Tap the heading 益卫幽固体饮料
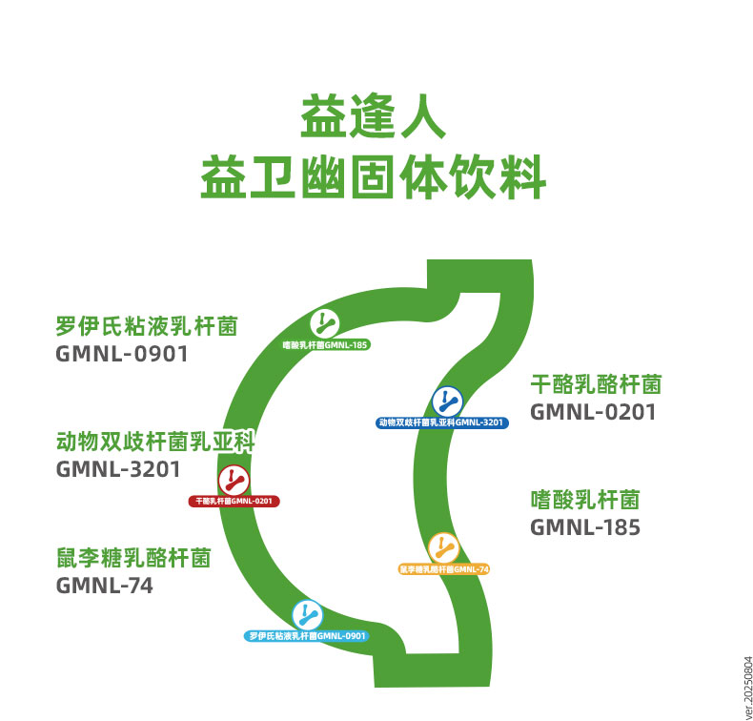(374, 178)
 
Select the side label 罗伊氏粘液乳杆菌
(147, 327)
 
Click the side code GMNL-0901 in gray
(122, 355)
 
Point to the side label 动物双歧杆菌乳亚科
(155, 443)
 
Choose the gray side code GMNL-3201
(118, 470)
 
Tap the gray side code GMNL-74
(105, 586)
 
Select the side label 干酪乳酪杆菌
(596, 384)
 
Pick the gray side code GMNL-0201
(593, 412)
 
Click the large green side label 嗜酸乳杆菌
(584, 500)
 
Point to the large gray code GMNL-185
(585, 527)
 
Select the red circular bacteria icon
(234, 480)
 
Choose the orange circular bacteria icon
(443, 548)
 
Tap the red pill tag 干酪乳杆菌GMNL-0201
(234, 501)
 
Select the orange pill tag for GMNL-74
(443, 569)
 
